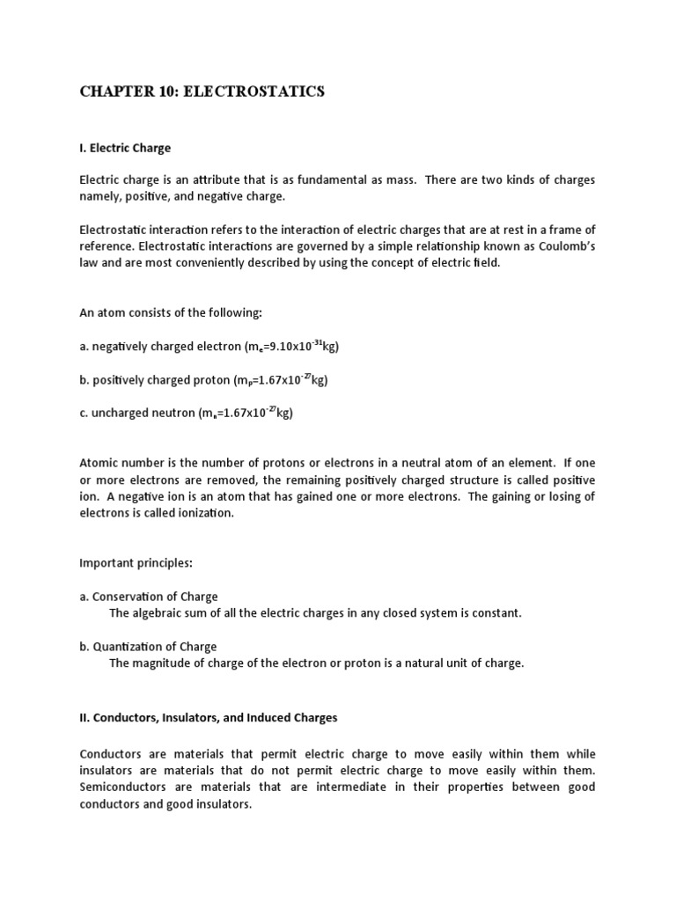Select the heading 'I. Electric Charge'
pos(125,148)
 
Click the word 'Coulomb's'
pos(564,245)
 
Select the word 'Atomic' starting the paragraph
pos(99,463)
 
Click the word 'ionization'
pos(204,513)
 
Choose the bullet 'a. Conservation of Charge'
pos(149,597)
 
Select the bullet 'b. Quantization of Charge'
pos(148,647)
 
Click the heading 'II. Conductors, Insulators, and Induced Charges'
pos(209,717)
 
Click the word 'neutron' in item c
pos(172,413)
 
